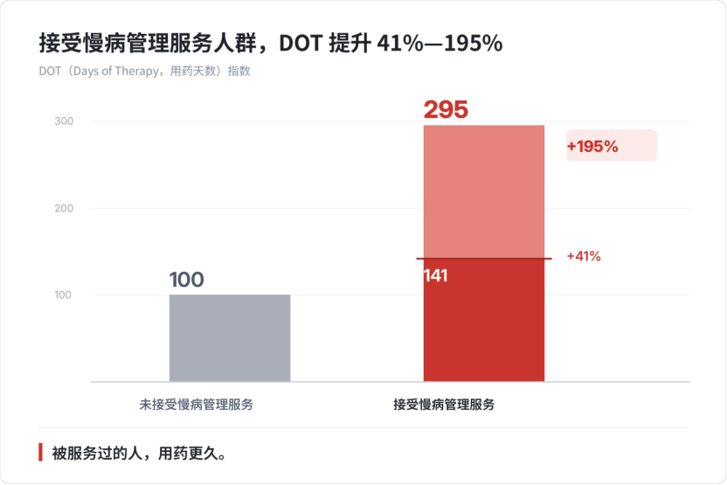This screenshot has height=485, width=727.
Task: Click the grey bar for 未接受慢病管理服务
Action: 230,338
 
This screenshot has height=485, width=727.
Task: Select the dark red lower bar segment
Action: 484,320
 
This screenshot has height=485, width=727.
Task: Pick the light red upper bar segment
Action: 484,191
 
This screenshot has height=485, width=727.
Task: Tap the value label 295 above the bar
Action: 446,110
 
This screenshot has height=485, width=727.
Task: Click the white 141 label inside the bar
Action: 435,276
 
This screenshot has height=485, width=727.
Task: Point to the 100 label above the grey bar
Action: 186,280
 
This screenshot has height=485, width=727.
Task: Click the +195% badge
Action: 611,146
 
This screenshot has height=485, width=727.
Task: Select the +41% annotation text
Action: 584,256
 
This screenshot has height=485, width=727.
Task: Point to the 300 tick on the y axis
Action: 64,121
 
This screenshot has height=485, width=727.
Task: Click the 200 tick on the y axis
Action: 64,208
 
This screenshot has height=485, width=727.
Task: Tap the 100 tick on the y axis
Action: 63,294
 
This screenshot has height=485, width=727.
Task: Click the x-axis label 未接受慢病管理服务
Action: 196,405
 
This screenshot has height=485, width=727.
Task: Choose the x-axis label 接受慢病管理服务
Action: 444,405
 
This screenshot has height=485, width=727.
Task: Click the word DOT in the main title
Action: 301,44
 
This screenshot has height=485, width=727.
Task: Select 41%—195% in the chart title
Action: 440,44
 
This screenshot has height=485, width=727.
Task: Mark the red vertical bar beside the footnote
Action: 41,452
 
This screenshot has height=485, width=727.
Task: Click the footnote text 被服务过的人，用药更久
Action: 139,453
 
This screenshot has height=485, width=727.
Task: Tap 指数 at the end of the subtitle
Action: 239,71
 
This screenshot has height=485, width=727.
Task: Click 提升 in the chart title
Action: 350,44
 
